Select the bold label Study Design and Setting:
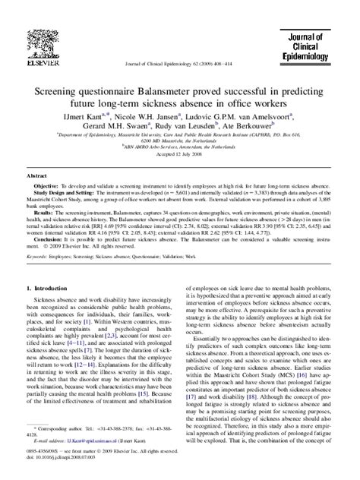point(71,192)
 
